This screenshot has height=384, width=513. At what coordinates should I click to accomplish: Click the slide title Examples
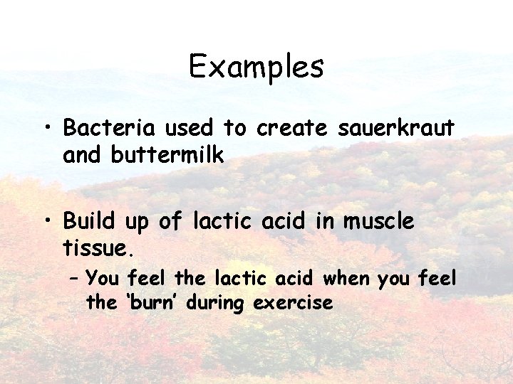pyautogui.click(x=256, y=68)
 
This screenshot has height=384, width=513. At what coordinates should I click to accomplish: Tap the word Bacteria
pyautogui.click(x=109, y=128)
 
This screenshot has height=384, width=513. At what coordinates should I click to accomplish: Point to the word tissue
pyautogui.click(x=95, y=249)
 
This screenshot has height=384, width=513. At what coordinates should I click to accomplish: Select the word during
pyautogui.click(x=219, y=303)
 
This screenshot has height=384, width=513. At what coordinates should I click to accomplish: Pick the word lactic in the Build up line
pyautogui.click(x=222, y=221)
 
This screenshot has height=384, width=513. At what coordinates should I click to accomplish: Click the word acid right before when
pyautogui.click(x=299, y=279)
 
